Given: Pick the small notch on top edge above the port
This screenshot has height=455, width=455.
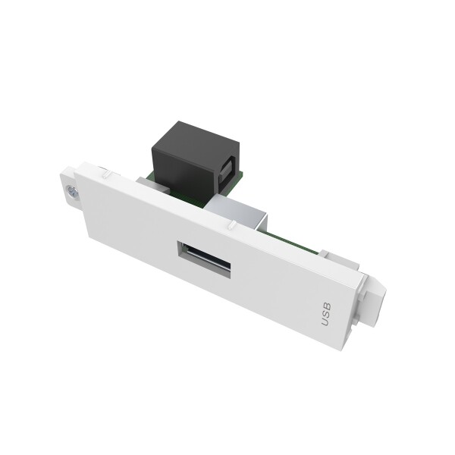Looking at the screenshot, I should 227,225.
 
